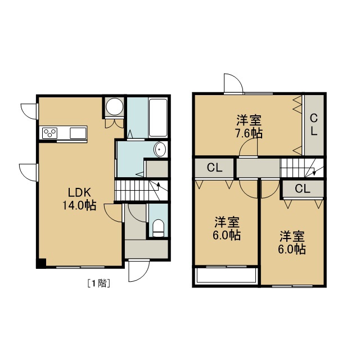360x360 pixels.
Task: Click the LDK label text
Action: click(x=79, y=192)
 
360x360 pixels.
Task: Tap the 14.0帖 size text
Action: click(x=79, y=205)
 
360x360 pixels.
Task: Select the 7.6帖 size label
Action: click(x=249, y=133)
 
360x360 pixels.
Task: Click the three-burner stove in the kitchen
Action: click(x=50, y=133)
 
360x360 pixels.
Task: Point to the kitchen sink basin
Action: click(x=78, y=133)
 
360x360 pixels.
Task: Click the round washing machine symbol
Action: click(x=115, y=107)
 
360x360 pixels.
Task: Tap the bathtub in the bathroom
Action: click(x=158, y=118)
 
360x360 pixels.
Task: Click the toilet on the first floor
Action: click(x=158, y=228)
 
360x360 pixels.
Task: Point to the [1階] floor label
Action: click(x=99, y=283)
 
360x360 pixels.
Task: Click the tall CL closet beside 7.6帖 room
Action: click(x=314, y=125)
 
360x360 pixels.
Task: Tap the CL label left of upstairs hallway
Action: click(x=214, y=168)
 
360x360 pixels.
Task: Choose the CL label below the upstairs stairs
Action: click(x=303, y=189)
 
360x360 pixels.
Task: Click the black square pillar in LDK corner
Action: click(x=42, y=263)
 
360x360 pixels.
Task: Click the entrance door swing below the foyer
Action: click(x=139, y=271)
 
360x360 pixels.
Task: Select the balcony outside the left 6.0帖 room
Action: click(x=226, y=275)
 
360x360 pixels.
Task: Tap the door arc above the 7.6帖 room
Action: click(x=233, y=83)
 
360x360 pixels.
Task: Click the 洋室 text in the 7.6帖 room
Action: click(x=249, y=120)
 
